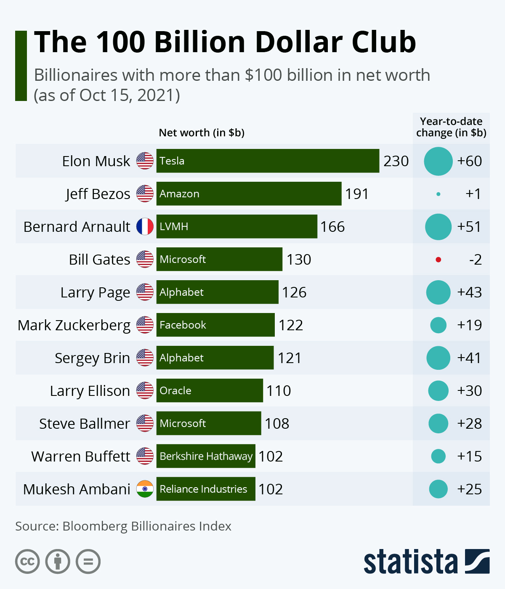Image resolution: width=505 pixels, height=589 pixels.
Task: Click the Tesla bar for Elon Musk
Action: (268, 161)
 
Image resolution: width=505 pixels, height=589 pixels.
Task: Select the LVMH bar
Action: (237, 226)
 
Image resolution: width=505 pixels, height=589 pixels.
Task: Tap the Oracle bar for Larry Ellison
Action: (210, 390)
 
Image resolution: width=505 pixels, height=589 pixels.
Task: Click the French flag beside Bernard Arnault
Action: (145, 226)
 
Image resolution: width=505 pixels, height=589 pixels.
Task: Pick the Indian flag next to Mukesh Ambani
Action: (145, 489)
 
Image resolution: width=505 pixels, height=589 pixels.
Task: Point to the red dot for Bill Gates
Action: (438, 260)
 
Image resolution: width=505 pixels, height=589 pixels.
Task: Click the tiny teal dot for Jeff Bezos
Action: (439, 194)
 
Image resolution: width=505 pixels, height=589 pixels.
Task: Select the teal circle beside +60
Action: (438, 161)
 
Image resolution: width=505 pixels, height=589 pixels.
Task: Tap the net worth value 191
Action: (357, 194)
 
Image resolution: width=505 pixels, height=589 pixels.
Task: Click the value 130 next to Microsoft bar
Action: (299, 260)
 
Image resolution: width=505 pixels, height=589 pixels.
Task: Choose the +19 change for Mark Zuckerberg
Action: (469, 325)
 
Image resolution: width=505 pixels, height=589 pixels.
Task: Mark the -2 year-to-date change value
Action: (475, 260)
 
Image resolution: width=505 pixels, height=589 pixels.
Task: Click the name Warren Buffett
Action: (81, 456)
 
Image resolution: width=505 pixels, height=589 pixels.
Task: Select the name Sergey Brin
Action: (92, 358)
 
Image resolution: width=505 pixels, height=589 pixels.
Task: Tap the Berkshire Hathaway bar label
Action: (206, 456)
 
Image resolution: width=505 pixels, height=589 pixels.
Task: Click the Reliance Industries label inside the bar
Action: (203, 489)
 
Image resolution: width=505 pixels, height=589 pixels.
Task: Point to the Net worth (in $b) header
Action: (202, 133)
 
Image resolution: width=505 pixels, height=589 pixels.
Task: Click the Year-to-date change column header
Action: (451, 127)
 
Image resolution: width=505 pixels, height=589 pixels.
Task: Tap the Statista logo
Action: (426, 561)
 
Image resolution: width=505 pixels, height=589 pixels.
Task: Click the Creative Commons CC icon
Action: (27, 561)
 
